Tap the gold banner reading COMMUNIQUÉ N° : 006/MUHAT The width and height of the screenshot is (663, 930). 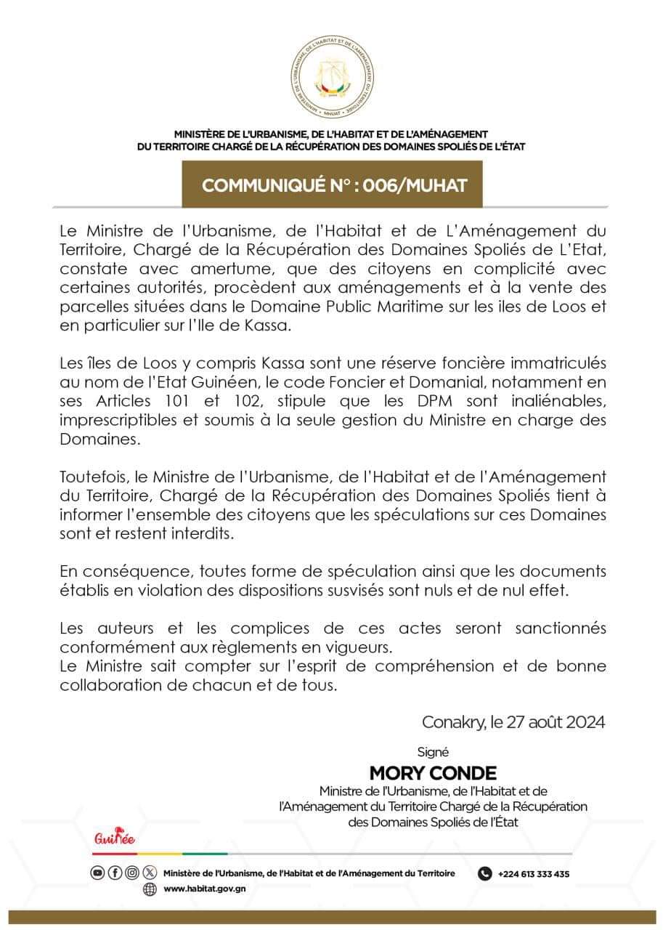(332, 185)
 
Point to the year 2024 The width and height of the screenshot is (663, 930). (580, 723)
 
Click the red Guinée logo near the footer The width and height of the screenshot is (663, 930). (115, 840)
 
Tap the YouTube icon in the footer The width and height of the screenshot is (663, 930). (98, 873)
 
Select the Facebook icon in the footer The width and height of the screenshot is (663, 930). (115, 873)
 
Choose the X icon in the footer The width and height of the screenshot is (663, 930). (150, 873)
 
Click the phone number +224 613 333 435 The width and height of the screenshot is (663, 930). (534, 874)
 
